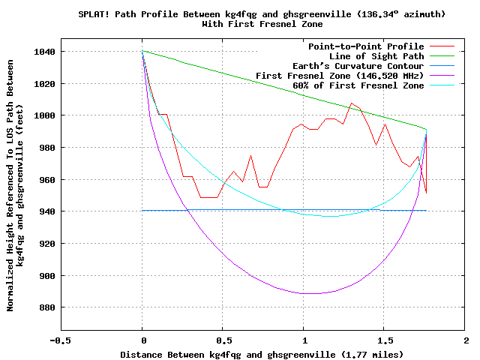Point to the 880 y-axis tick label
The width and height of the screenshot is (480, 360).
[44, 307]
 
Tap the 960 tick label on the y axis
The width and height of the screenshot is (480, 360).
[44, 180]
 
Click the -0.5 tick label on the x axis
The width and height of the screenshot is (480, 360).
[61, 340]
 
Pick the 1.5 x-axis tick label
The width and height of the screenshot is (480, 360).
[385, 340]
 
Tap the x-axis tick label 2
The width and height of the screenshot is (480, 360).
[466, 340]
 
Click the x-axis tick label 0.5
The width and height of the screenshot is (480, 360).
[223, 340]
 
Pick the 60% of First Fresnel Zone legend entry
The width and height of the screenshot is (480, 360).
[358, 85]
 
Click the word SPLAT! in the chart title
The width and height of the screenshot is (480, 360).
[95, 15]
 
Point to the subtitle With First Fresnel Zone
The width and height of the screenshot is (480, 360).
[252, 25]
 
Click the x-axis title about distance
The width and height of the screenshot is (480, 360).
[262, 353]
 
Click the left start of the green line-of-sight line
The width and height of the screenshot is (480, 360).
[142, 51]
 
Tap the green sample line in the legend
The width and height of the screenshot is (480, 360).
[442, 56]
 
